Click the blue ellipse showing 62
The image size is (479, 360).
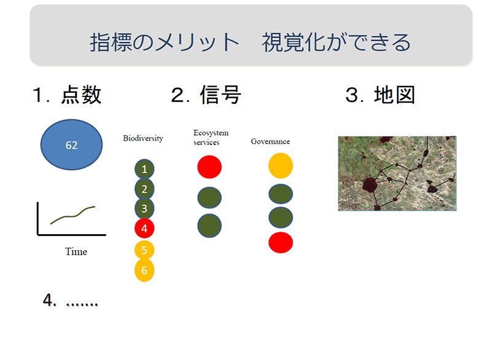tap(71, 144)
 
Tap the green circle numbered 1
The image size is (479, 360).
tap(144, 169)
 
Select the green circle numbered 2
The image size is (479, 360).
tap(144, 189)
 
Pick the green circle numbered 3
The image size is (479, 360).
tap(144, 208)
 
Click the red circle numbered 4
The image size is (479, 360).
tap(144, 229)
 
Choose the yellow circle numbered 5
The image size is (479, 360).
tap(144, 250)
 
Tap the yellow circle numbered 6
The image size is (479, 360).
tap(144, 270)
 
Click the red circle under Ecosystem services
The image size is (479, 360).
tap(209, 167)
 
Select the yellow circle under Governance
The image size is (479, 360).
tap(281, 166)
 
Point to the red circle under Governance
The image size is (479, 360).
tap(281, 243)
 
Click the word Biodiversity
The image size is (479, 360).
tap(143, 138)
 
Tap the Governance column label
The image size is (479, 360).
tap(270, 141)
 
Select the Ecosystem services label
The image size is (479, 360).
tap(211, 138)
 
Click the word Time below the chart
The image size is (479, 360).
tap(76, 251)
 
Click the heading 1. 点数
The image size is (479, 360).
tap(67, 95)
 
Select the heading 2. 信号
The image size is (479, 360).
tap(206, 95)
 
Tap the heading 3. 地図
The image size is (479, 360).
tap(380, 95)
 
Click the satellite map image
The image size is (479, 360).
tap(397, 173)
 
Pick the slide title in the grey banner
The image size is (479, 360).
tap(251, 42)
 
